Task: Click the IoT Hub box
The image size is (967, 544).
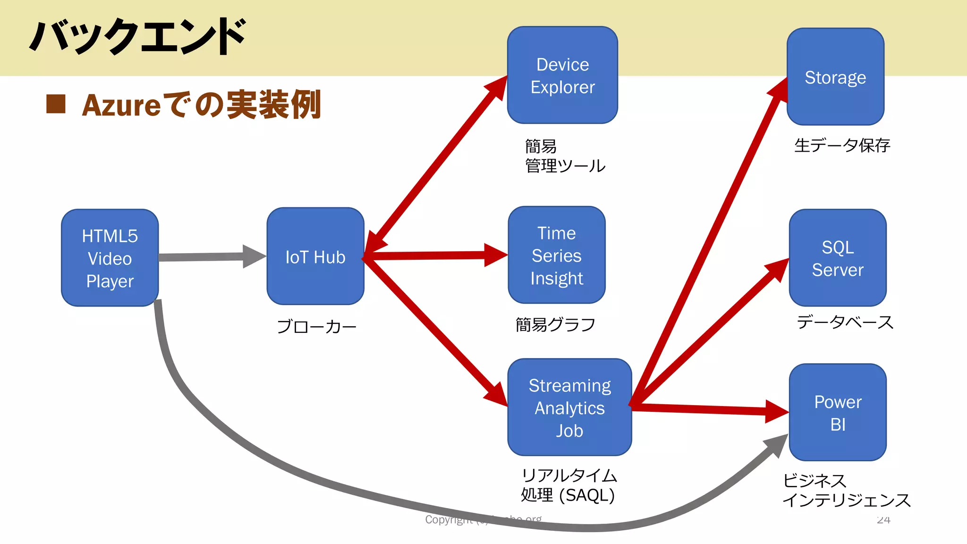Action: click(315, 256)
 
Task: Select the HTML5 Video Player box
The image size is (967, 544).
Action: click(110, 258)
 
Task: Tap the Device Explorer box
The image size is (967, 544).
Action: click(562, 76)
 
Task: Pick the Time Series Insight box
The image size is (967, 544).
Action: click(556, 255)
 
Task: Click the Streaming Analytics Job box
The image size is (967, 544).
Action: click(569, 408)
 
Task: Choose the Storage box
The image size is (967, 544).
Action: click(835, 77)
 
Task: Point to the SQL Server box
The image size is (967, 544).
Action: click(837, 258)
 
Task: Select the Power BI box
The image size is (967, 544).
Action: click(837, 413)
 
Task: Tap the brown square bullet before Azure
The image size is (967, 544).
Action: click(56, 104)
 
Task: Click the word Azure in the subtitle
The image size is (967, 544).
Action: click(121, 105)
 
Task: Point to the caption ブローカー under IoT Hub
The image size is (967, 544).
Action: click(316, 326)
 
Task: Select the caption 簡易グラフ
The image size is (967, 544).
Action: click(555, 324)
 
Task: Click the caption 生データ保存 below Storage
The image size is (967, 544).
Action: click(842, 145)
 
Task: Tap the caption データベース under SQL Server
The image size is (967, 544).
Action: click(845, 322)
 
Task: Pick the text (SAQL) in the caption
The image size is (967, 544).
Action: click(587, 495)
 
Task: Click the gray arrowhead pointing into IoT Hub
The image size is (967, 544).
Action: click(254, 256)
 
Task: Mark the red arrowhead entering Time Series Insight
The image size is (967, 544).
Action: click(496, 255)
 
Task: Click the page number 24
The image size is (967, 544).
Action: click(883, 520)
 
